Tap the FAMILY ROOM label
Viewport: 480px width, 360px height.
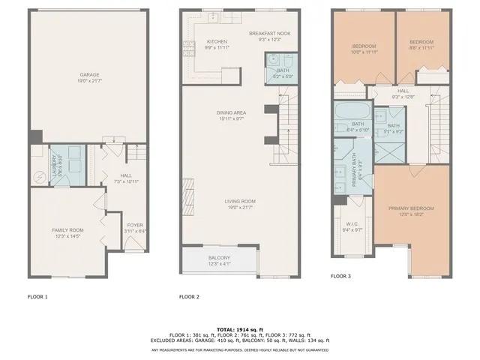pyautogui.click(x=67, y=229)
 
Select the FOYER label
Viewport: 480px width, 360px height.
pyautogui.click(x=134, y=224)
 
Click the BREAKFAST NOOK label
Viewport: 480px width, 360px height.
pyautogui.click(x=268, y=34)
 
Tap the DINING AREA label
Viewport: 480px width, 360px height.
pyautogui.click(x=230, y=112)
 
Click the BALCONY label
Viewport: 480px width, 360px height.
pyautogui.click(x=220, y=258)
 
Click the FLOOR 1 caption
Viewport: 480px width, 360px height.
pyautogui.click(x=37, y=297)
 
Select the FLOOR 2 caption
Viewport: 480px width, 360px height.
pyautogui.click(x=189, y=297)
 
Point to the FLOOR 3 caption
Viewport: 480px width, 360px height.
pyautogui.click(x=340, y=276)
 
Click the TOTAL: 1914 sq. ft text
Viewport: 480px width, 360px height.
pyautogui.click(x=240, y=328)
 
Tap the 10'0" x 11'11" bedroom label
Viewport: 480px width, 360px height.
pyautogui.click(x=363, y=47)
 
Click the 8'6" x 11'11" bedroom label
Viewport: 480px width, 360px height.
pyautogui.click(x=421, y=47)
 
